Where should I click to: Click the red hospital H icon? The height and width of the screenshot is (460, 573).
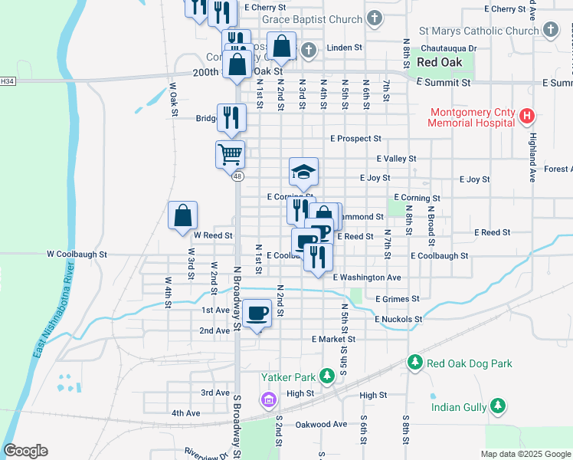pos(526,117)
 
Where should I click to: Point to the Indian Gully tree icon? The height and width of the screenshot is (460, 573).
pos(498,404)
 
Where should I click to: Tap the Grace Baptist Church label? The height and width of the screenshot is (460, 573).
pos(312,19)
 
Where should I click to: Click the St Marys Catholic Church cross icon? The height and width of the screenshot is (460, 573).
pos(550,31)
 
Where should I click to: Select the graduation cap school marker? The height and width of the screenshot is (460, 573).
pos(303,172)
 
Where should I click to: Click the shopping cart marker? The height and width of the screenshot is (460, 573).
pos(230,154)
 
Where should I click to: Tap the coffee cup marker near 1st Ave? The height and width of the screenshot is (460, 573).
pos(258,313)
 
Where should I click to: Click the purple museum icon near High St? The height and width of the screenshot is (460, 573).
pos(268,399)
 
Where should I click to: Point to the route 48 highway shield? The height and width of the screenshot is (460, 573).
pos(238,176)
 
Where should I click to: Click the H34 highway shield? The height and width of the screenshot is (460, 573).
pos(8,80)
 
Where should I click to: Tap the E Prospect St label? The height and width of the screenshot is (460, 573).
pos(355,139)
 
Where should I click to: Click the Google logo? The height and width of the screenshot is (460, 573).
pos(25,451)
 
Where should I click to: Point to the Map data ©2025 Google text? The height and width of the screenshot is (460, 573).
pos(525,454)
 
